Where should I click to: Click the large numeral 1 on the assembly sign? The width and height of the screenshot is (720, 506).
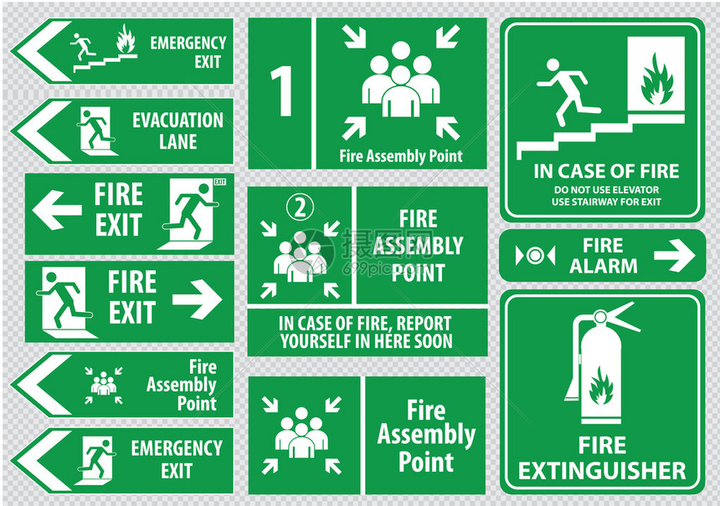point(282,91)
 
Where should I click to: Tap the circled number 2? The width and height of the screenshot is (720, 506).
point(300,207)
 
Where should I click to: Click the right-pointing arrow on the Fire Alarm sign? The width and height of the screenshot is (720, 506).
point(674,256)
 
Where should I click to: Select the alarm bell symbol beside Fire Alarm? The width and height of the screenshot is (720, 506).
point(535,256)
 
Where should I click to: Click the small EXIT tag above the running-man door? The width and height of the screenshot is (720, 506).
point(220,182)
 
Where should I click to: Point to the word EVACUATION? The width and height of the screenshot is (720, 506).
point(177,120)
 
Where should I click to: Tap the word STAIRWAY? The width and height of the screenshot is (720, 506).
point(595,202)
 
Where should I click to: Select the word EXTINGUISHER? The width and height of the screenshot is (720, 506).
point(602,471)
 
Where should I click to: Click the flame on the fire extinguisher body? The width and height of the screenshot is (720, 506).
point(601,386)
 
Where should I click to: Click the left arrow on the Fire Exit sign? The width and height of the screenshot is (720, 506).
point(56,210)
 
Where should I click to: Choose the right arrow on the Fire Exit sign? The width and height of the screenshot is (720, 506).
point(197,299)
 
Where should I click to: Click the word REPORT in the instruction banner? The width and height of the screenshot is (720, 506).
point(424,324)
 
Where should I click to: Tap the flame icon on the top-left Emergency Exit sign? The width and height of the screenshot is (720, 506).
point(126,39)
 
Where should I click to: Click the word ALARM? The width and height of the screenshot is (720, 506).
point(603,266)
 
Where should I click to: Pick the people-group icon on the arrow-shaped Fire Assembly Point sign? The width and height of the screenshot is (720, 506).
point(103,385)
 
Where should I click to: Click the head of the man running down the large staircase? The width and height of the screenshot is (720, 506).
point(553,65)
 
